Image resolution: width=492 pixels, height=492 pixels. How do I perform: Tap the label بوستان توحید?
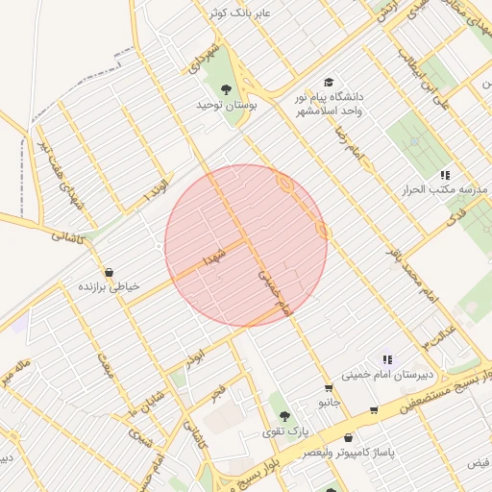[x=228, y=104]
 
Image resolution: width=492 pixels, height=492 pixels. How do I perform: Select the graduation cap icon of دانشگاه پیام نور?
[x=330, y=84]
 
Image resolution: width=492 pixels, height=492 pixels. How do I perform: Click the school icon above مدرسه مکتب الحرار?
[x=445, y=175]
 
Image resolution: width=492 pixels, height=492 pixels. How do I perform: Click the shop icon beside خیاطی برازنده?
[x=107, y=273]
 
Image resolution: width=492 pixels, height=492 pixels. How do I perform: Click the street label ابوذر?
[x=197, y=354]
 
